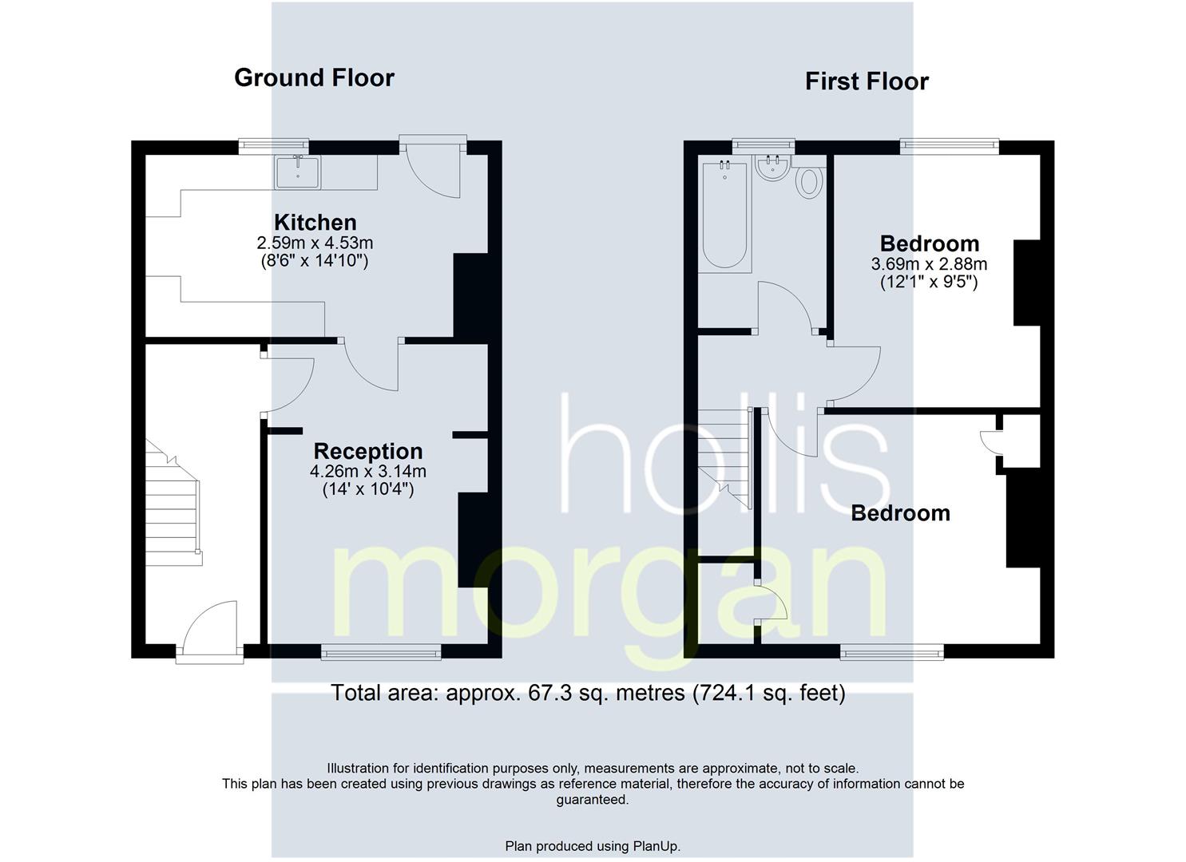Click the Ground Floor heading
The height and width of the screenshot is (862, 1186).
tap(314, 78)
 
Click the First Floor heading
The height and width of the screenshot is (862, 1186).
tap(867, 82)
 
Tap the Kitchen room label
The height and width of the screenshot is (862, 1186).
tap(315, 222)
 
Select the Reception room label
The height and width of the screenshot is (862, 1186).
tap(368, 452)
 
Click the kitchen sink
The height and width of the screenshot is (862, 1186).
tap(298, 172)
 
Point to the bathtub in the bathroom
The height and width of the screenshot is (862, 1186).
tap(724, 215)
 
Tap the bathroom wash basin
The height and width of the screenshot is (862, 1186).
tap(774, 168)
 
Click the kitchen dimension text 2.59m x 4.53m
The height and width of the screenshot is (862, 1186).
tap(315, 243)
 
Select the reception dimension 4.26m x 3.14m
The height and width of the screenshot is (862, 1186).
tap(368, 472)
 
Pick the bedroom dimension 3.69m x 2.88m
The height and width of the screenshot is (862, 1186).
tap(929, 264)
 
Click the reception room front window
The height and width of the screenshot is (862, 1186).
tap(381, 652)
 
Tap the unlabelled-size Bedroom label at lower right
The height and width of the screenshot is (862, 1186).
tap(900, 514)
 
